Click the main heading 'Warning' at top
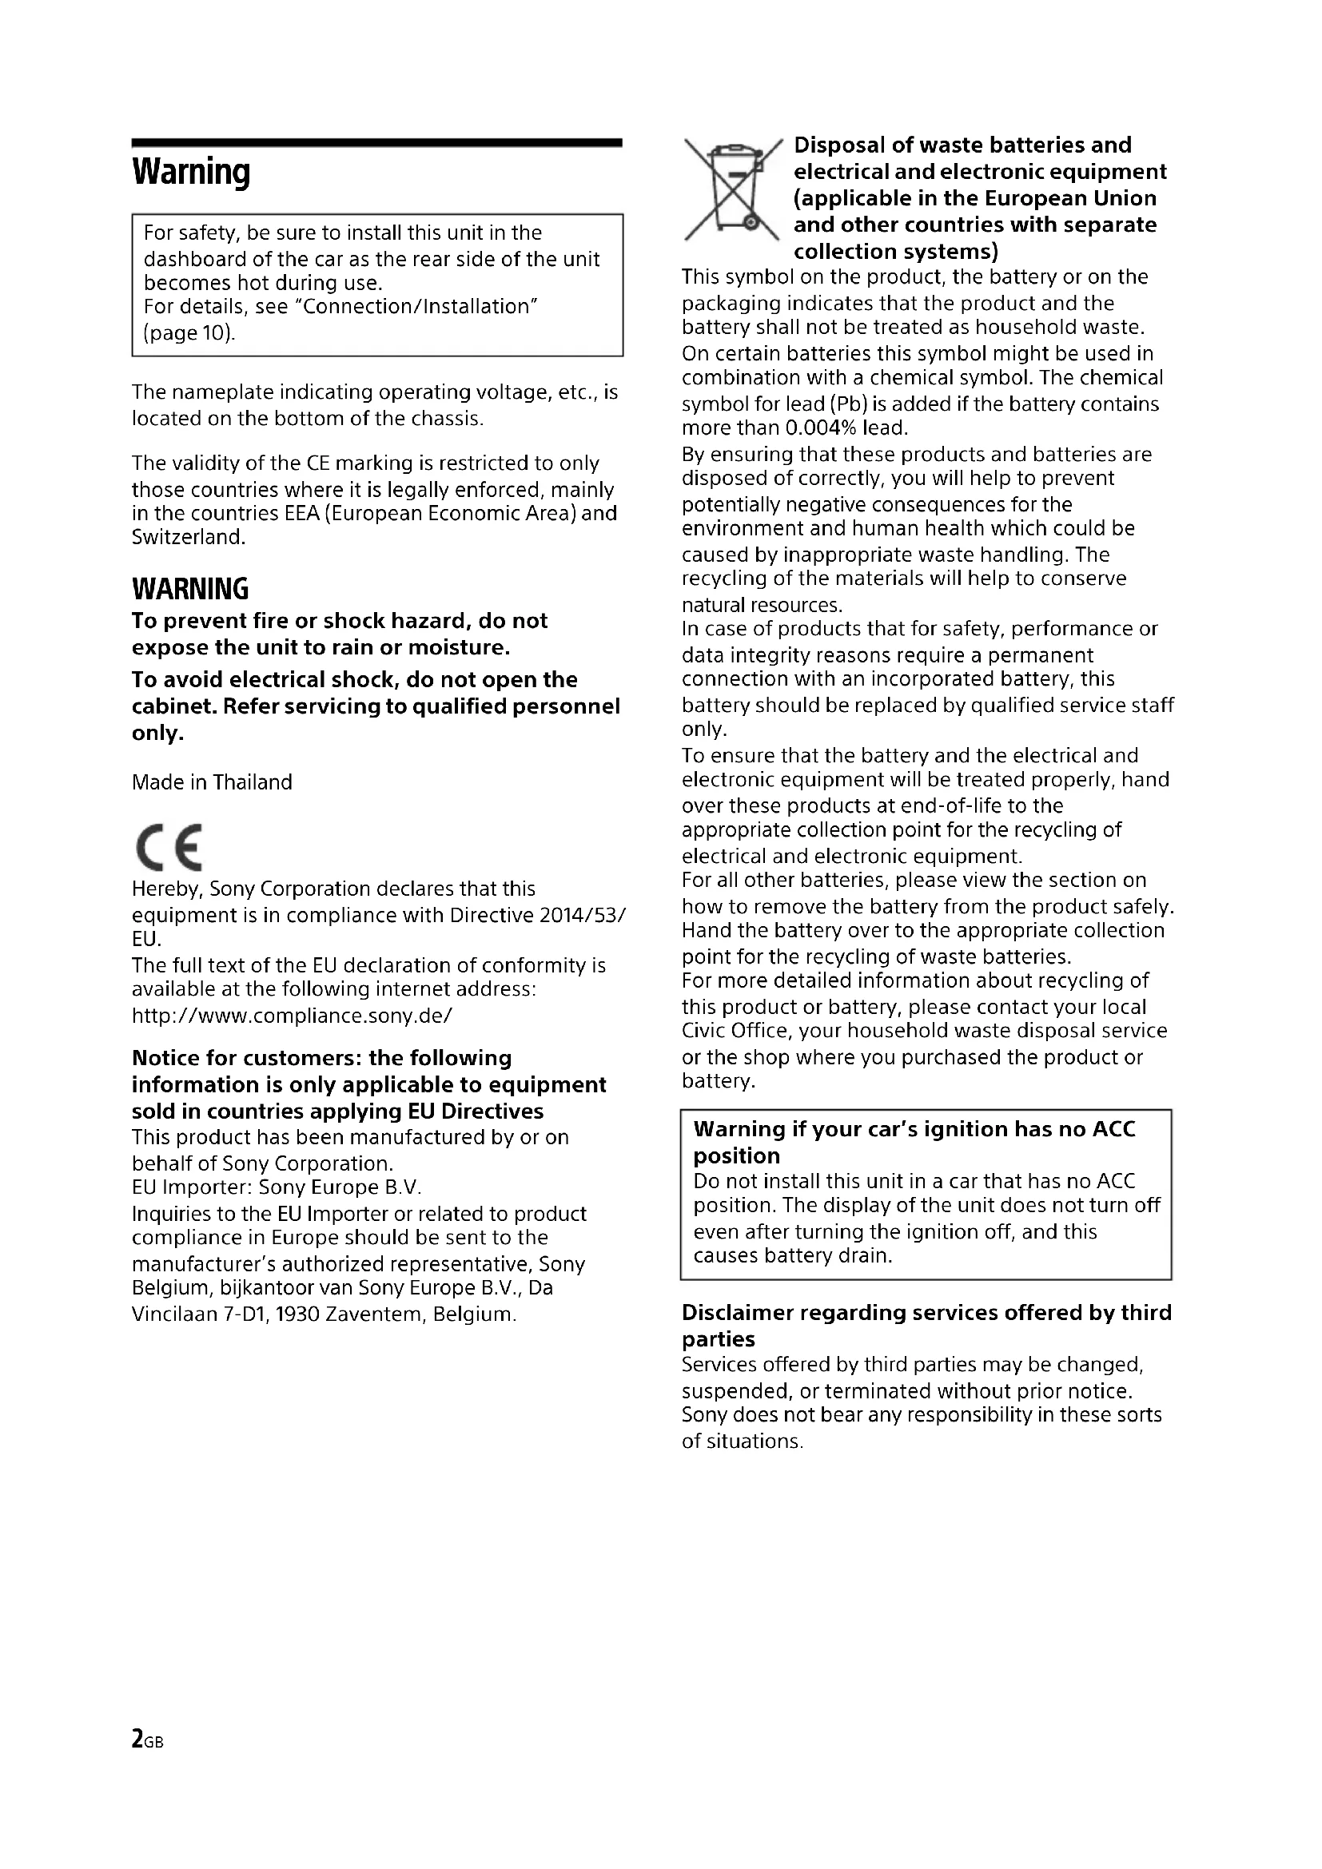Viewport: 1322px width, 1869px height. click(191, 173)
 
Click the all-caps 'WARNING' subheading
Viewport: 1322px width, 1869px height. click(190, 589)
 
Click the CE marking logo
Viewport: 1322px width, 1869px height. click(169, 847)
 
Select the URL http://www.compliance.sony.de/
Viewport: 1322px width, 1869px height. click(293, 1016)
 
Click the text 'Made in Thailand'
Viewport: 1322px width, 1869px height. click(212, 782)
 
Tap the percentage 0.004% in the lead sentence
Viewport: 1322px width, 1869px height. click(822, 428)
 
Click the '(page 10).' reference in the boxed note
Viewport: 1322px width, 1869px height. click(189, 333)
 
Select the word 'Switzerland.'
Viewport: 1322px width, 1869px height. click(189, 537)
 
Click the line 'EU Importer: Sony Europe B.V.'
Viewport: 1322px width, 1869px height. click(277, 1187)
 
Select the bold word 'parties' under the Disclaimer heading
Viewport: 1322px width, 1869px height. click(718, 1339)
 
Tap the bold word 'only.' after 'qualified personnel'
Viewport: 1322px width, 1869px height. click(158, 733)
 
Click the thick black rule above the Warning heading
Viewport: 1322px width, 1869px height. click(377, 143)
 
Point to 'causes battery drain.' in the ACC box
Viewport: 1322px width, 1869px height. click(793, 1255)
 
